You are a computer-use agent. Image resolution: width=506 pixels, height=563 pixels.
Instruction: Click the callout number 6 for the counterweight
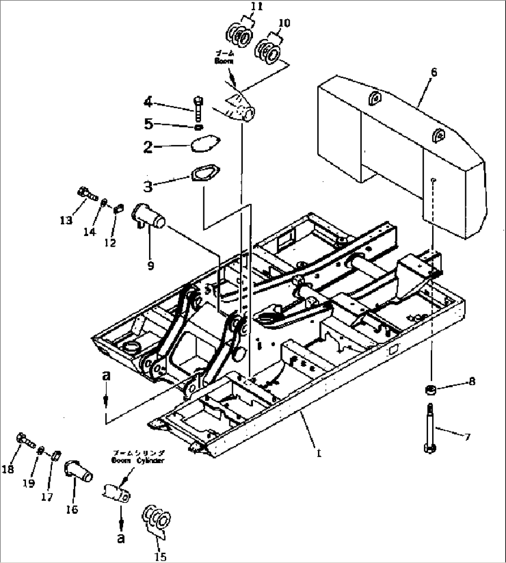434,72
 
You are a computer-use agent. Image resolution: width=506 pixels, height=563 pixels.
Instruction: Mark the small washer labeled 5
198,127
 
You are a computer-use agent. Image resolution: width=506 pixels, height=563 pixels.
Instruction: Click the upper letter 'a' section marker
107,377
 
